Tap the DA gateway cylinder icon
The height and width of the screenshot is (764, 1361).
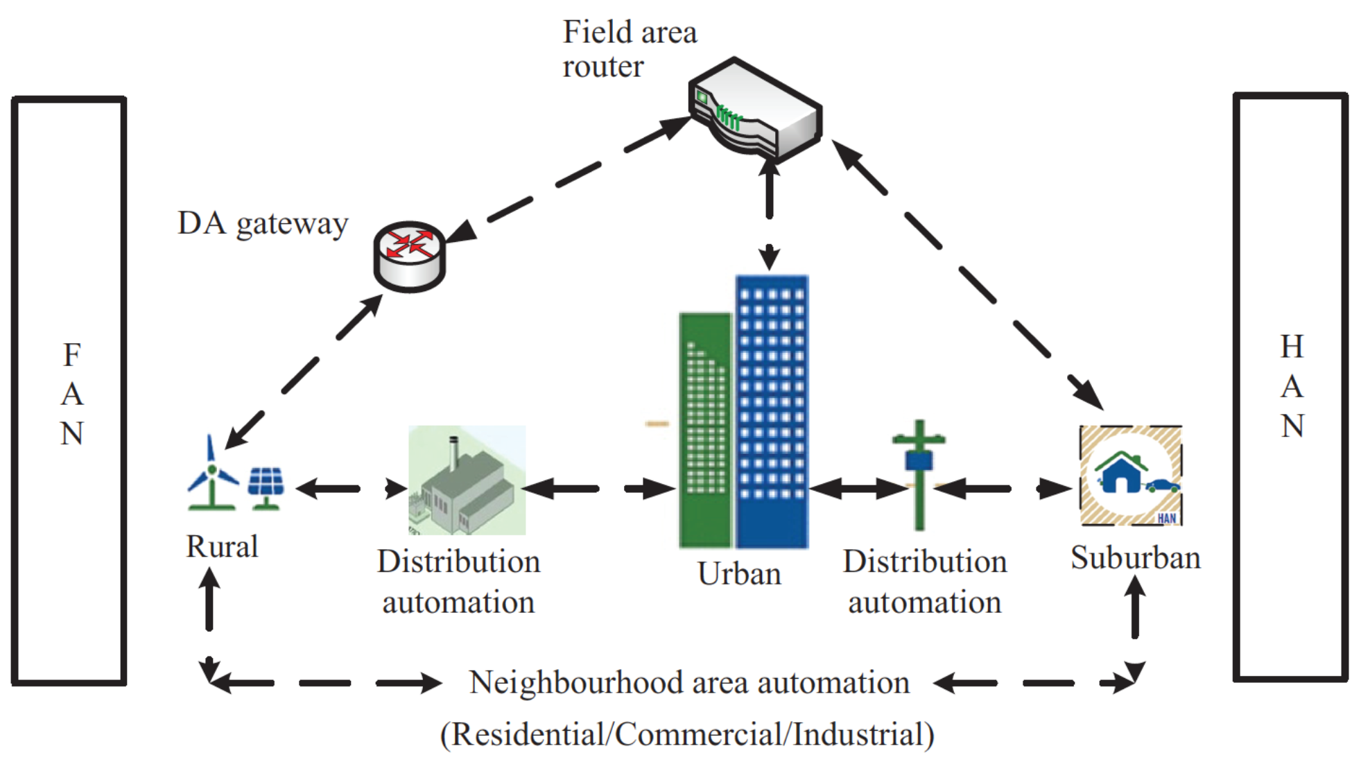click(409, 257)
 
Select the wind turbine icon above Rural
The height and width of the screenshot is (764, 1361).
click(211, 475)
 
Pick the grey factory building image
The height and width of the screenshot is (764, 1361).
click(466, 481)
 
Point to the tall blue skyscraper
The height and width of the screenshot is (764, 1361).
click(772, 412)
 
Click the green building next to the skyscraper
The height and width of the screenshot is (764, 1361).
click(705, 430)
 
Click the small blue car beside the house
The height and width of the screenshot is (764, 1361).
click(1163, 486)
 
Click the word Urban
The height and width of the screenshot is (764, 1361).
click(739, 575)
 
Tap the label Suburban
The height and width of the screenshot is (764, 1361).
click(1135, 559)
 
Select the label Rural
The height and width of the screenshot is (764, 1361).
click(222, 547)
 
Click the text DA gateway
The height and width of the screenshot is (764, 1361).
click(263, 224)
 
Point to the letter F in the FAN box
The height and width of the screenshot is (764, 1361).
click(71, 356)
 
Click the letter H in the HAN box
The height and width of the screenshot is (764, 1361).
click(1292, 347)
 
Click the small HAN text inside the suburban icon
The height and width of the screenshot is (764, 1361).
click(1166, 519)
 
